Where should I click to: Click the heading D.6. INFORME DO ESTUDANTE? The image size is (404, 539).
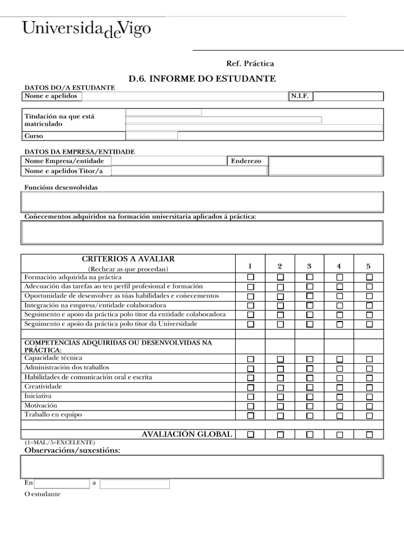(x=202, y=78)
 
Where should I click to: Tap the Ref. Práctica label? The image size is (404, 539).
(x=250, y=64)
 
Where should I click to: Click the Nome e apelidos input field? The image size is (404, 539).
(x=184, y=96)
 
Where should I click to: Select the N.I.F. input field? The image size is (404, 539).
(x=348, y=96)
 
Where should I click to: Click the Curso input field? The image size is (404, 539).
(x=151, y=136)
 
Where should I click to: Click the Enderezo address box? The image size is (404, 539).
(x=326, y=166)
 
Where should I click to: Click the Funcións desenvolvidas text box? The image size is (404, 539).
(x=202, y=202)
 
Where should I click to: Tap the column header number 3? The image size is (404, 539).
(x=309, y=266)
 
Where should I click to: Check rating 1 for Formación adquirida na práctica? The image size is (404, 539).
(x=250, y=277)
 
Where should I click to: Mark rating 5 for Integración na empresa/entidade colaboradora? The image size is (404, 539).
(x=369, y=305)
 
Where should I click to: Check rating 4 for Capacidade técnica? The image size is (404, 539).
(x=339, y=359)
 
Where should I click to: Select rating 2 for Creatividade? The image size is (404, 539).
(x=280, y=387)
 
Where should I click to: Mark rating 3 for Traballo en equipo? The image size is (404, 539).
(x=309, y=416)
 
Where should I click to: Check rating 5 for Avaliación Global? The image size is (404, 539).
(x=369, y=435)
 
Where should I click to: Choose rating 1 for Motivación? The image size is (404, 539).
(x=250, y=406)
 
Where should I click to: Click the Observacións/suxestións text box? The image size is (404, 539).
(x=202, y=466)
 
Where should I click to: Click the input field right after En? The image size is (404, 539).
(x=62, y=484)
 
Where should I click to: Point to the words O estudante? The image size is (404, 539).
(x=43, y=494)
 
